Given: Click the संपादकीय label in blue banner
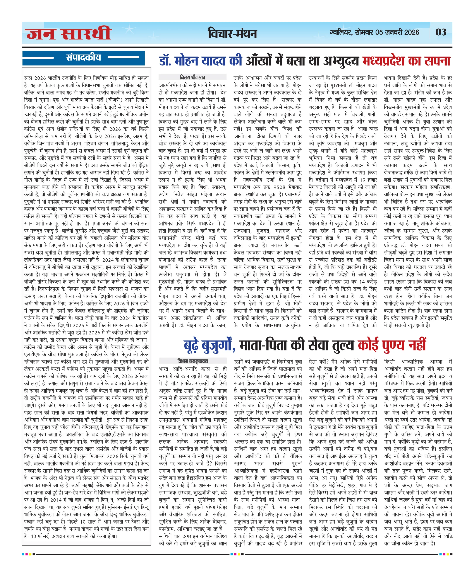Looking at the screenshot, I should pyautogui.click(x=83, y=58).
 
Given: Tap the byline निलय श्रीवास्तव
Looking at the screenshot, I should pyautogui.click(x=192, y=77).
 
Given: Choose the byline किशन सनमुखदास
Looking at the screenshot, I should pyautogui.click(x=192, y=361).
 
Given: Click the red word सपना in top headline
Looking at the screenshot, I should pyautogui.click(x=437, y=61).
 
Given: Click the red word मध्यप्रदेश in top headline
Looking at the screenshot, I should pyautogui.click(x=384, y=61).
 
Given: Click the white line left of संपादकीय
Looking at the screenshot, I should pyautogui.click(x=38, y=58).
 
